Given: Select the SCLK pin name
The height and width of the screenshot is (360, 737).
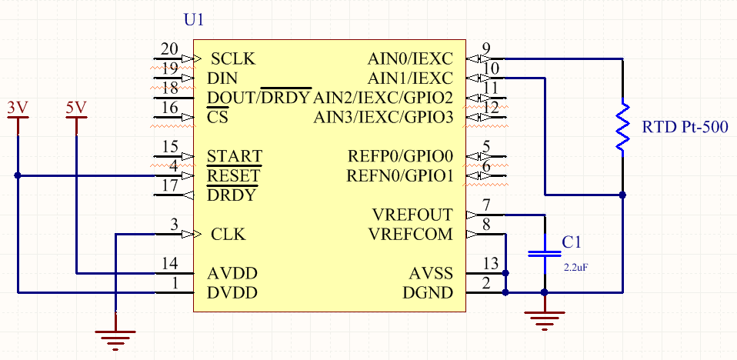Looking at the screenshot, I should click(233, 59).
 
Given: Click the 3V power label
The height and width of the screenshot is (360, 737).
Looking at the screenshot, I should click(17, 108).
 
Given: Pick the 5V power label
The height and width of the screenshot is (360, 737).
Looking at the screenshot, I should click(76, 108).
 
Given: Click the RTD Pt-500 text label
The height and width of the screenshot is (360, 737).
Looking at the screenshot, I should click(684, 126).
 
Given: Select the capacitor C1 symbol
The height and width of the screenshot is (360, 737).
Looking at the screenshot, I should click(545, 253).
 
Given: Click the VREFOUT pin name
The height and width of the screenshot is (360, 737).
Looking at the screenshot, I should click(412, 215).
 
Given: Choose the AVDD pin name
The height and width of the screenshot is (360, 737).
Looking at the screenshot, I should click(232, 273).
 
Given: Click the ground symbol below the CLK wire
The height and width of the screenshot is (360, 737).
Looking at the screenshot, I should click(115, 336).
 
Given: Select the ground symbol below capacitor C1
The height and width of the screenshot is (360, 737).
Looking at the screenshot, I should click(545, 318).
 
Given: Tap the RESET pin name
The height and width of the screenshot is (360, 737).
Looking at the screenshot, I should click(233, 176).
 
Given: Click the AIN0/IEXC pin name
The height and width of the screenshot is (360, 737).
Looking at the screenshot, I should click(410, 59).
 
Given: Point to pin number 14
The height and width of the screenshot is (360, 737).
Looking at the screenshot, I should click(170, 264).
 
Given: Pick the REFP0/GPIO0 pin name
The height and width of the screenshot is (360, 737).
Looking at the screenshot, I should click(400, 157).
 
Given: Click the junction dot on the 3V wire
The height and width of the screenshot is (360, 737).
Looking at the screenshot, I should click(17, 175).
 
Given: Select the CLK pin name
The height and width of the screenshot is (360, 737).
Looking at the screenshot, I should click(228, 235).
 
